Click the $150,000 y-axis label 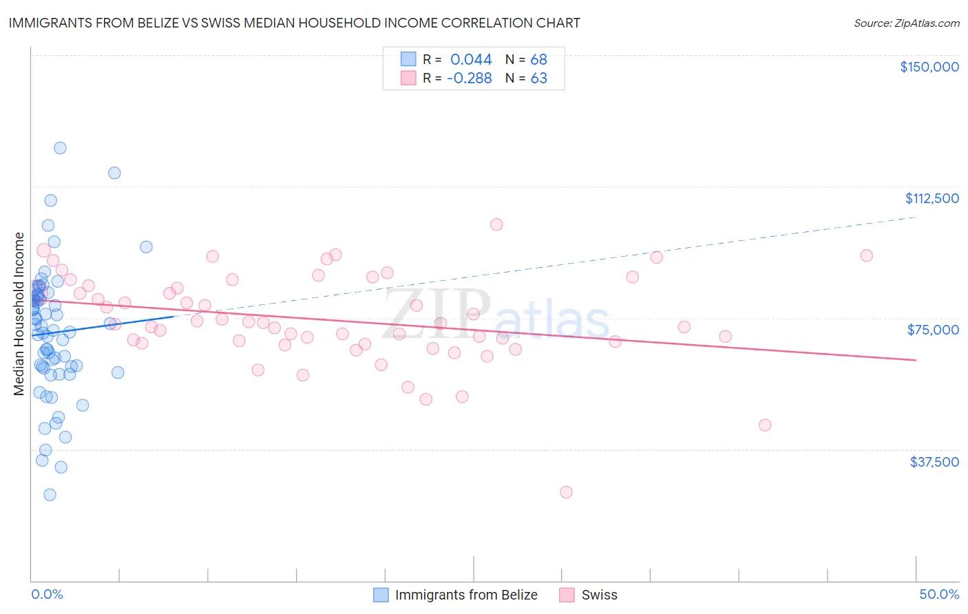[929, 67]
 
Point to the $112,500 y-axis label [932, 198]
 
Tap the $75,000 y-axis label [933, 330]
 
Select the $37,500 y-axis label [934, 462]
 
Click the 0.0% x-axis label [47, 594]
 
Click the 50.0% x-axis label [939, 594]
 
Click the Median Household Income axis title [19, 314]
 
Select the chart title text [294, 23]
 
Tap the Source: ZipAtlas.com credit [906, 23]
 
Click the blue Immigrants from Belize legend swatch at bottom [381, 595]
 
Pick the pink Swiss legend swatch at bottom [567, 595]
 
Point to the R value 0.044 [471, 59]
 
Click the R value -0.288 [469, 78]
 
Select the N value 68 [538, 59]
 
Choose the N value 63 [538, 78]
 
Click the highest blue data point [60, 148]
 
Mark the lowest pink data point [566, 492]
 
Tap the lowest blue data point [50, 495]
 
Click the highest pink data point [496, 224]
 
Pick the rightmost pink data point [866, 255]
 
